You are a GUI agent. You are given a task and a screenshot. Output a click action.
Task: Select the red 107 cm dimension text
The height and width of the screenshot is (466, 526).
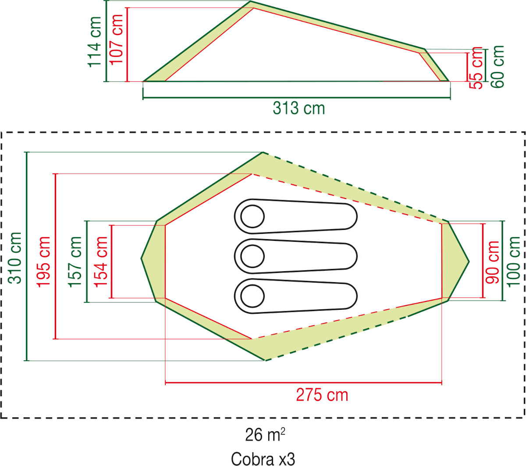(x=116, y=39)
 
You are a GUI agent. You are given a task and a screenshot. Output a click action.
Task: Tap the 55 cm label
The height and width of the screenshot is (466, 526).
(x=476, y=68)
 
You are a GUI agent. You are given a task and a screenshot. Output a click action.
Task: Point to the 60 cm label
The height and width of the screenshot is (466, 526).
(x=498, y=67)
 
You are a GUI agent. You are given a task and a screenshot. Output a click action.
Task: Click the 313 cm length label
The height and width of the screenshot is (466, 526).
(x=299, y=108)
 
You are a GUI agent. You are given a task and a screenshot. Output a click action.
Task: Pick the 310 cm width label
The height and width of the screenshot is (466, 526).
(x=14, y=258)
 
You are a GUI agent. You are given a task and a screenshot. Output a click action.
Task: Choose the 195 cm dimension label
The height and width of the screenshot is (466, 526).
(x=43, y=262)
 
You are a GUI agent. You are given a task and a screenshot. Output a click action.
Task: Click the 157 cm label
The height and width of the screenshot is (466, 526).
(x=75, y=262)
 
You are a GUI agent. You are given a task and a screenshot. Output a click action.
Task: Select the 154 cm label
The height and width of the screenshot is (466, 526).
(x=101, y=262)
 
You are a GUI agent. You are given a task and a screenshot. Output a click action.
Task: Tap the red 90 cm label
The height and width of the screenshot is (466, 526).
(x=492, y=262)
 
